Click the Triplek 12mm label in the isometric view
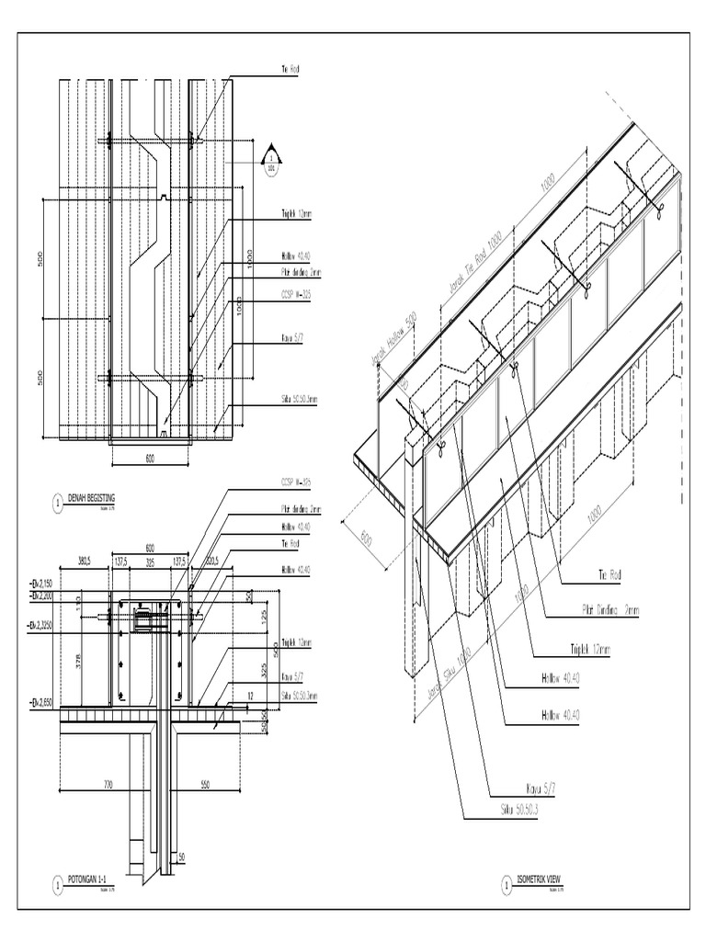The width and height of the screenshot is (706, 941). tap(589, 650)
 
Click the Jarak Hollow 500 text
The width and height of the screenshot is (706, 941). tap(395, 335)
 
